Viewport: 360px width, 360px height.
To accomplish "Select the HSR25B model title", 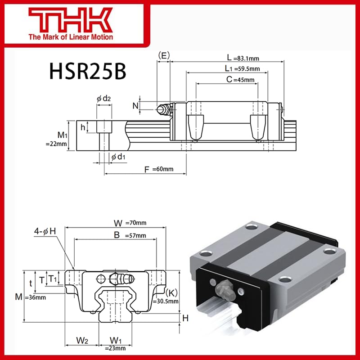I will [85, 71].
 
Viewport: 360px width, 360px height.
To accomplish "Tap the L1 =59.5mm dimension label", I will [243, 68].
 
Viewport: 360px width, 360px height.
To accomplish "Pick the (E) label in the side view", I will [164, 55].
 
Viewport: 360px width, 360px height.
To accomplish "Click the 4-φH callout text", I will [45, 231].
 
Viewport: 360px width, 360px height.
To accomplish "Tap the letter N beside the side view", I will [135, 106].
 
